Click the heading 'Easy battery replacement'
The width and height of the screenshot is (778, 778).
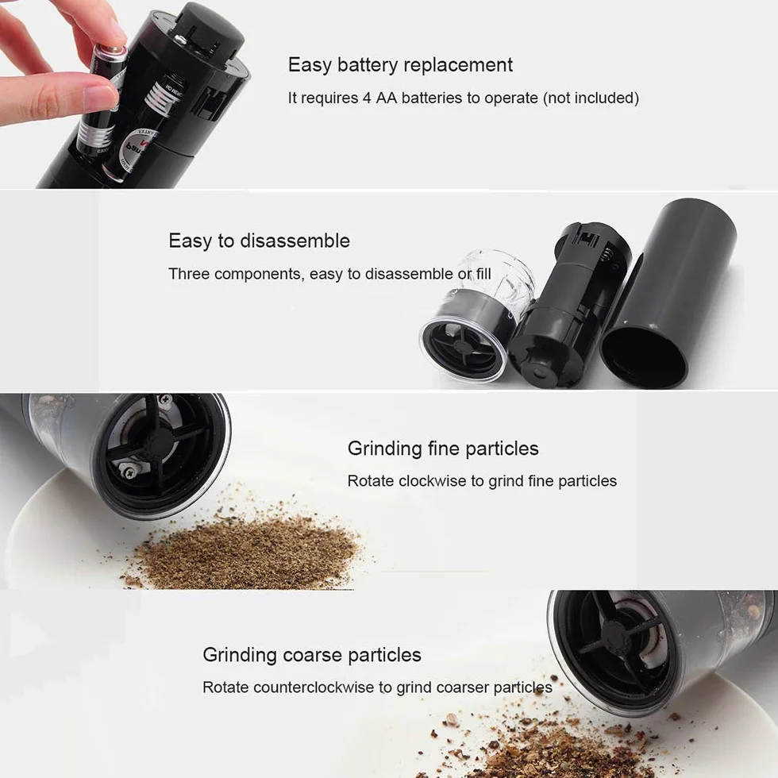coord(400,65)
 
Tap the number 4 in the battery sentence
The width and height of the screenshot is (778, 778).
coord(367,98)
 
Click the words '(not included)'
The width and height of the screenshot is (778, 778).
coord(591,98)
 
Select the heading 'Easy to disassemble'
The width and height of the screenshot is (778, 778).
coord(259,241)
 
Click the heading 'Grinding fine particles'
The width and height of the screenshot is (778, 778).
coord(443,449)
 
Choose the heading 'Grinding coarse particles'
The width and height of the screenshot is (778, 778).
coord(312,655)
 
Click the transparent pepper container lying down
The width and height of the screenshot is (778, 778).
coord(476,318)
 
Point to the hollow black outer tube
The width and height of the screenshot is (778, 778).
coord(668,293)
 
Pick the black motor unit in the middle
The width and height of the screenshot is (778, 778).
coord(571,302)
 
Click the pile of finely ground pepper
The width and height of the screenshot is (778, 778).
coord(243,549)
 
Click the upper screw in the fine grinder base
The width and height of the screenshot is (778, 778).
coord(164,400)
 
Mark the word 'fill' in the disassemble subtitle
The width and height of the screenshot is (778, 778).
coord(483,274)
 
